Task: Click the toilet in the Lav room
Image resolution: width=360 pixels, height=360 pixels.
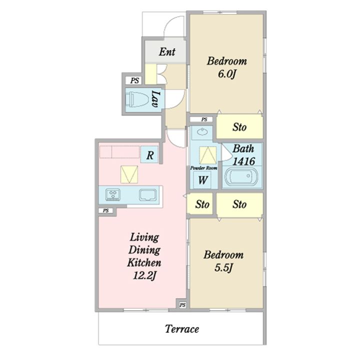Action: [x=137, y=99]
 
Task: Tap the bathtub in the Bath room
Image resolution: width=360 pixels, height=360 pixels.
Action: [x=241, y=176]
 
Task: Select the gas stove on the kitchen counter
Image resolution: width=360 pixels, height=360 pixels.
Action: [x=112, y=194]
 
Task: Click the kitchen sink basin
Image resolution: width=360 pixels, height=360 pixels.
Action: [x=148, y=195]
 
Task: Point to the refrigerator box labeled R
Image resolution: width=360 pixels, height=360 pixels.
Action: [x=149, y=154]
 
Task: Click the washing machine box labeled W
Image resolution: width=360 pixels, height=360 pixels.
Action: [x=202, y=180]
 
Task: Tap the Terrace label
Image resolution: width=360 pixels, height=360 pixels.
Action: [x=182, y=329]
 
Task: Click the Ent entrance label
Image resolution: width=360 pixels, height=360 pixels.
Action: [x=167, y=51]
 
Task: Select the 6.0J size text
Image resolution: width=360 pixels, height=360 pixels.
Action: [x=227, y=74]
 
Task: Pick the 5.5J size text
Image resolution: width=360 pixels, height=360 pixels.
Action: [x=223, y=267]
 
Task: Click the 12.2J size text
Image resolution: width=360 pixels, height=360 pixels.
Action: [x=144, y=275]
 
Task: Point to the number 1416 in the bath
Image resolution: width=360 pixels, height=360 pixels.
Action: [x=243, y=161]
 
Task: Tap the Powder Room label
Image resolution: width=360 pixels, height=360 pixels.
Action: [x=203, y=168]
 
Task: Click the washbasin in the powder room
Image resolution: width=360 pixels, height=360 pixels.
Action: [x=202, y=132]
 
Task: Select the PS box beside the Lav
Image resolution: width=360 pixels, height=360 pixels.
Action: [x=134, y=80]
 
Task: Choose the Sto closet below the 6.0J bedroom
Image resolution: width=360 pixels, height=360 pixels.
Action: [x=239, y=126]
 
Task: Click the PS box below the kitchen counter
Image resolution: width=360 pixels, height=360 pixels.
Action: [x=105, y=210]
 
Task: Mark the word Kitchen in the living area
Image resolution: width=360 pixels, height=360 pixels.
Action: [x=144, y=262]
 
